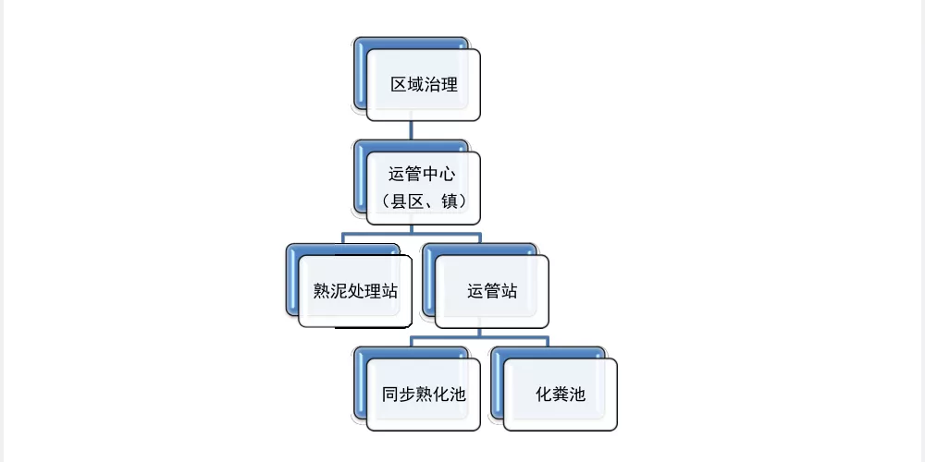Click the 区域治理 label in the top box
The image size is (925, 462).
425,85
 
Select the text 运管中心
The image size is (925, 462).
422,175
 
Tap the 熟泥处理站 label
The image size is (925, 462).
355,291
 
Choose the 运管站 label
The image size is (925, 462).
492,291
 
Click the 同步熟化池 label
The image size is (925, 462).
424,395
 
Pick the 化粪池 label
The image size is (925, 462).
561,395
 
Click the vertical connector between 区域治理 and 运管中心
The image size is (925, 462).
411,130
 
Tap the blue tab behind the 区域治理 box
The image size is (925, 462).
360,74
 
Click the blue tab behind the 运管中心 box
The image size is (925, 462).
360,176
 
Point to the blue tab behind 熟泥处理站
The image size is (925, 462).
292,280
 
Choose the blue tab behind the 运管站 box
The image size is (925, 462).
429,280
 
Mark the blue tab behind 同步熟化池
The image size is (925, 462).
360,383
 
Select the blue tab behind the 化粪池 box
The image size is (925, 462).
497,383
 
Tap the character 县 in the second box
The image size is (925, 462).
399,202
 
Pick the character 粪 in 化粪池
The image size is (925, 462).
561,395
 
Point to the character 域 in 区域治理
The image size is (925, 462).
416,85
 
